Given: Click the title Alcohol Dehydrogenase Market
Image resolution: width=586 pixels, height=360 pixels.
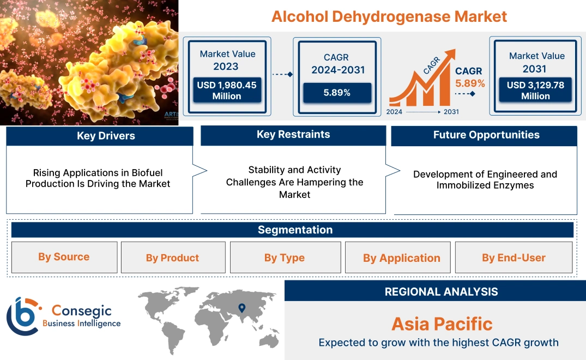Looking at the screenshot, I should (x=389, y=16).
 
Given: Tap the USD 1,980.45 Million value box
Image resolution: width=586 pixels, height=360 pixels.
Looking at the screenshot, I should (x=226, y=91).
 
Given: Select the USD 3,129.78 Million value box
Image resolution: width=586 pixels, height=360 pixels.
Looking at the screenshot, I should (x=535, y=91).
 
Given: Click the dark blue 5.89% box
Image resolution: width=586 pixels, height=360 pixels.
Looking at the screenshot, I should (x=337, y=93).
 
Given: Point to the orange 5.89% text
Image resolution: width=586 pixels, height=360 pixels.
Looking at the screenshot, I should (x=470, y=83).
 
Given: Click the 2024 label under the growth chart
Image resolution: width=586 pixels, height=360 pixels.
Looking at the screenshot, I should (x=395, y=112).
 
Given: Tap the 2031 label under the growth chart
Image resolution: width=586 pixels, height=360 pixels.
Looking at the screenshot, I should (x=451, y=112).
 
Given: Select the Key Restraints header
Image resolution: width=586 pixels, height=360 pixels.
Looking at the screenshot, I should (x=293, y=135).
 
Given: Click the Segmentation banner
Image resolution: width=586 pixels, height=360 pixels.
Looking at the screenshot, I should (x=295, y=230).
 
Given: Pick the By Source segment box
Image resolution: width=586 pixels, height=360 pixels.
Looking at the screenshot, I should (x=64, y=257).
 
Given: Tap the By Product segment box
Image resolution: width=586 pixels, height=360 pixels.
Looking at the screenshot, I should (x=172, y=258).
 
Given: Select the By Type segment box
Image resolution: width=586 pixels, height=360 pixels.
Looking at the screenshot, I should (x=284, y=258).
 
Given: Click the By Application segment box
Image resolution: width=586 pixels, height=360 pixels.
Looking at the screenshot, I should (x=402, y=258).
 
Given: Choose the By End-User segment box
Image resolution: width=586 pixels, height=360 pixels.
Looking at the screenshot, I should (x=513, y=258).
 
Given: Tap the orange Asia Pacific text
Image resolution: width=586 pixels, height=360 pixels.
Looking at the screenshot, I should (x=442, y=324).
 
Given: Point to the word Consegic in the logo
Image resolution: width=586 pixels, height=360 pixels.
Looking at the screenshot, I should (x=81, y=311).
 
